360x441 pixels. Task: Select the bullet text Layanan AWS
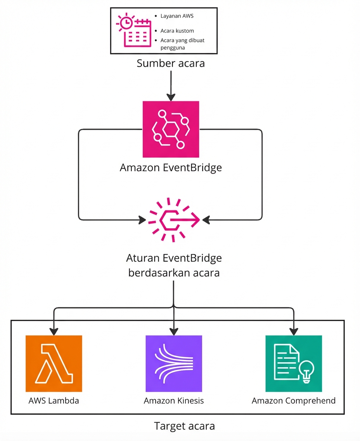(x=177, y=16)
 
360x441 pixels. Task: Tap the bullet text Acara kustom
(x=177, y=31)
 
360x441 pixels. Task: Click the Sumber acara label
(x=171, y=63)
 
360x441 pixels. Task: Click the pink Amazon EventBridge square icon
(x=171, y=129)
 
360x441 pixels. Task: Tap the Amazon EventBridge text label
(x=171, y=168)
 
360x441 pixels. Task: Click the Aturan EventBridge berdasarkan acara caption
(x=174, y=266)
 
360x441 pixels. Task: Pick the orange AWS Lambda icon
(x=54, y=363)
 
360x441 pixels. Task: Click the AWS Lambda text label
(x=54, y=401)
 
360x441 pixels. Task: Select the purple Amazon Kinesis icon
(x=174, y=363)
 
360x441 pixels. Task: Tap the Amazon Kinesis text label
(x=174, y=401)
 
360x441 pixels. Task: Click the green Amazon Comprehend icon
(x=294, y=363)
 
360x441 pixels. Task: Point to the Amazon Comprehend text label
(x=294, y=401)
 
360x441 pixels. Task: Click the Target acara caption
(x=184, y=426)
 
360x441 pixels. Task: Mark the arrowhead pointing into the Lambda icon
(x=54, y=331)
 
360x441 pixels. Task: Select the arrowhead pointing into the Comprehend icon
(x=294, y=331)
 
